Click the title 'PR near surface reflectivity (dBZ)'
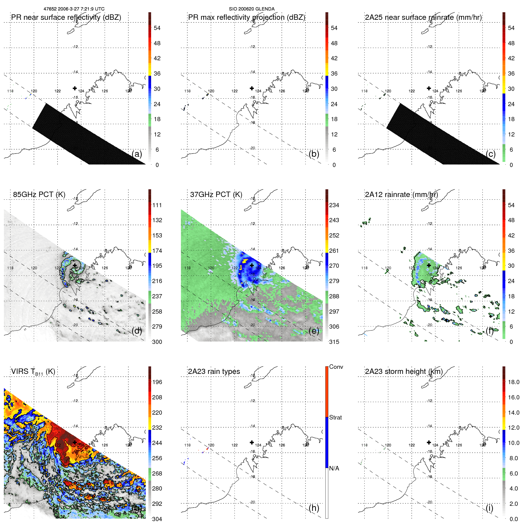(x=66, y=17)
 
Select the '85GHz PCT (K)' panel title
(x=39, y=195)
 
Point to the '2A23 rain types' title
(x=214, y=371)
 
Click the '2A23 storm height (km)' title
(x=404, y=371)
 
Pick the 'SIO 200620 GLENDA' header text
(x=252, y=9)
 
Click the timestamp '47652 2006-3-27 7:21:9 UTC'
(x=74, y=9)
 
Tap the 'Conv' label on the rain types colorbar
(x=336, y=367)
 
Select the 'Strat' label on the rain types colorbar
(x=335, y=417)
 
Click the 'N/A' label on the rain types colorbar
(x=334, y=468)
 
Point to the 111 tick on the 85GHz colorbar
(x=157, y=205)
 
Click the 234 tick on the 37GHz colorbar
(x=334, y=205)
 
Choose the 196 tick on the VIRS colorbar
(x=157, y=382)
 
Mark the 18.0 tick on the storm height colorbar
(x=513, y=382)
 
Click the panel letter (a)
(x=137, y=154)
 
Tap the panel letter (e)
(x=314, y=331)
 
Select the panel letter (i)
(x=489, y=508)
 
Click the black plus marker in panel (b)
(x=252, y=88)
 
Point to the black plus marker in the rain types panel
(x=252, y=442)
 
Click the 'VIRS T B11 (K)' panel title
(x=33, y=372)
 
